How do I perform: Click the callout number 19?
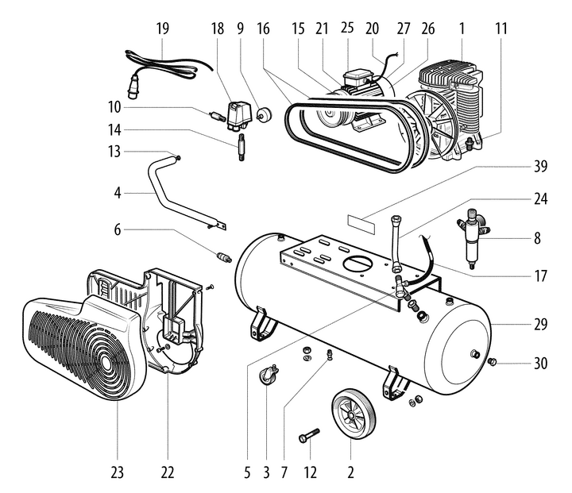(163, 28)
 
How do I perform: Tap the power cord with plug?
(163, 64)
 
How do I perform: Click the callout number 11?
(500, 28)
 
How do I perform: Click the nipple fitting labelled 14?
(238, 147)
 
